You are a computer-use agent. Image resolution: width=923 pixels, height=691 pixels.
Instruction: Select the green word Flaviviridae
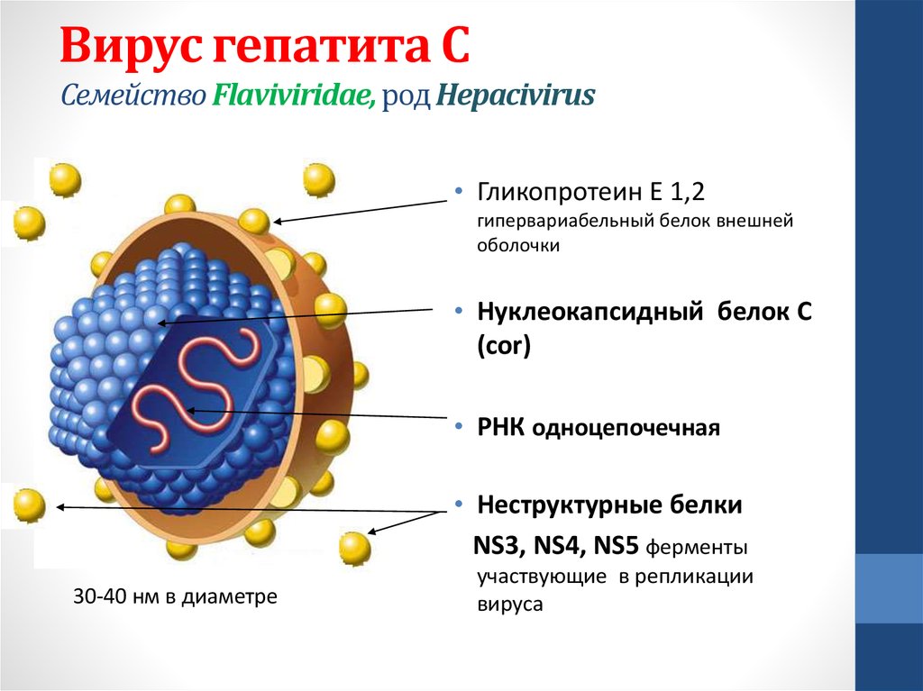[x=294, y=95]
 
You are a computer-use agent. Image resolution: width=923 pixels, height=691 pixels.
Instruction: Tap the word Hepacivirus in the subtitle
[x=516, y=95]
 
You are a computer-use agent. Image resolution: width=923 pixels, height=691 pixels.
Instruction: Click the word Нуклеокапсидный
[x=589, y=312]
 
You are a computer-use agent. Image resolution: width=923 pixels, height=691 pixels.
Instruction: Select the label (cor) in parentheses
[x=504, y=346]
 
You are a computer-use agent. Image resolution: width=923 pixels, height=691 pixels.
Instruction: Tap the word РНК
[x=500, y=427]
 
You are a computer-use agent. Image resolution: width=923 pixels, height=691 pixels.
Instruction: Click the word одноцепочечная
[x=626, y=428]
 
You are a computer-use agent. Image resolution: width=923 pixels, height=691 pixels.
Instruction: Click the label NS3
[x=499, y=546]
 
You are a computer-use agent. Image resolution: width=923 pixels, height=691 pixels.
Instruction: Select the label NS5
[x=616, y=546]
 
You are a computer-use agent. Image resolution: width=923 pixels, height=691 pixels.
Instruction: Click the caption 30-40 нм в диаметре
[x=176, y=596]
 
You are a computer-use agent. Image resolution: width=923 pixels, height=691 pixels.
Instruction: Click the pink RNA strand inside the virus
[x=196, y=388]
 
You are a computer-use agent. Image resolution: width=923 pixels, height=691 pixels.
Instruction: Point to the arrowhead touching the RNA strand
[x=190, y=410]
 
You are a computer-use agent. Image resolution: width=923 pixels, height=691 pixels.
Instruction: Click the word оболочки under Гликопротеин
[x=518, y=245]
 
